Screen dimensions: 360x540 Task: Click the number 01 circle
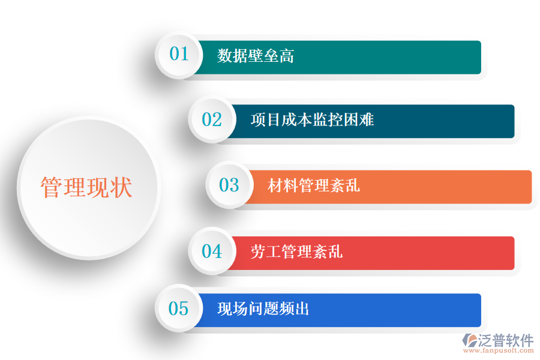[x=179, y=55]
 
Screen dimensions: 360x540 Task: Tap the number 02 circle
[x=212, y=120]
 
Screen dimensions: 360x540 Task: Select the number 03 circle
[x=229, y=185]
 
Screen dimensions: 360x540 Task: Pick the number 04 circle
[x=212, y=251]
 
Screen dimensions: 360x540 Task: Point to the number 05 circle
[x=179, y=309]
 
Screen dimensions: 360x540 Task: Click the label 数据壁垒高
[x=256, y=56]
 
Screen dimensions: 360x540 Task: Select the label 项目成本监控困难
[x=312, y=120]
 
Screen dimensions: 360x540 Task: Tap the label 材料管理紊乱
[x=314, y=185]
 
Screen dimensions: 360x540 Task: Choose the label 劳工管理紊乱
[x=296, y=251]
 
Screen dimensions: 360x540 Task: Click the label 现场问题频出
[x=263, y=310]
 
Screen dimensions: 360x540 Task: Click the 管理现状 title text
[x=86, y=188]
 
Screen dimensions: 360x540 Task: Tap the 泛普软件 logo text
[x=506, y=340]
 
